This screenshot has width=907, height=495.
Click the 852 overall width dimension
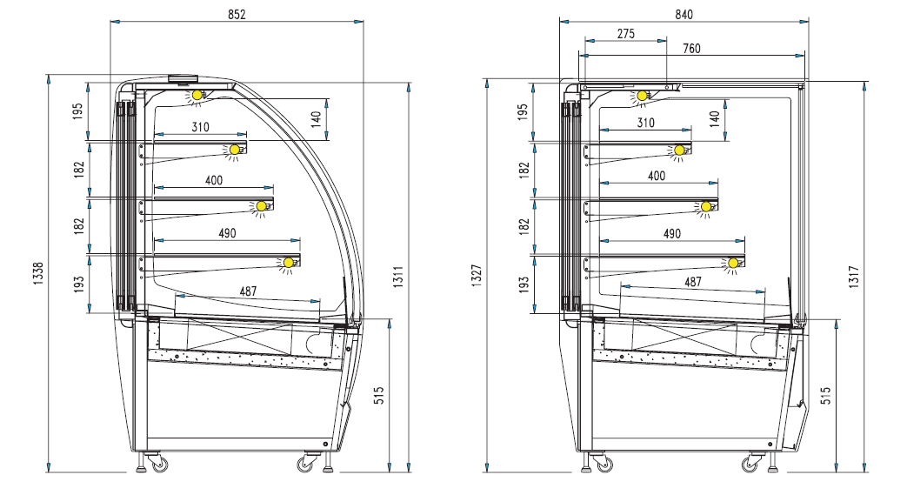pyautogui.click(x=237, y=14)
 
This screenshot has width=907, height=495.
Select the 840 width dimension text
pyautogui.click(x=684, y=14)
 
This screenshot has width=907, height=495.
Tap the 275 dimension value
pyautogui.click(x=625, y=34)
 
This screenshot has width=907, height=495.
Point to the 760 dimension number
pyautogui.click(x=692, y=49)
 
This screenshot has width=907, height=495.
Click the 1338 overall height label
pyautogui.click(x=37, y=273)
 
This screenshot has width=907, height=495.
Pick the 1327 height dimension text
pyautogui.click(x=476, y=273)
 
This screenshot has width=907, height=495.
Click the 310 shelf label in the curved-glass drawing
pyautogui.click(x=200, y=127)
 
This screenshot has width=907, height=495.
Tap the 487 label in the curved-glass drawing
pyautogui.click(x=248, y=291)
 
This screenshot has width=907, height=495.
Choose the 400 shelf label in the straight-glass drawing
pyautogui.click(x=657, y=177)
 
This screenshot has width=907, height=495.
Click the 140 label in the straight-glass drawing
pyautogui.click(x=714, y=119)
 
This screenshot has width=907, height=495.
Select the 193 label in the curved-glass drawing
pyautogui.click(x=78, y=284)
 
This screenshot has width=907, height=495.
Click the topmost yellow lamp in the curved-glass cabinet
pyautogui.click(x=197, y=94)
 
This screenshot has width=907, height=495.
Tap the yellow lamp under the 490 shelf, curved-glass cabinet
pyautogui.click(x=288, y=262)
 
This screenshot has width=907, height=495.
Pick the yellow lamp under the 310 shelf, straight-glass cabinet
pyautogui.click(x=678, y=151)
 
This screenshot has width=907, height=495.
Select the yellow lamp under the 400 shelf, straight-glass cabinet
pyautogui.click(x=706, y=207)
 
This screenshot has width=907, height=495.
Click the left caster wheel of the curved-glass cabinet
pyautogui.click(x=160, y=466)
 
